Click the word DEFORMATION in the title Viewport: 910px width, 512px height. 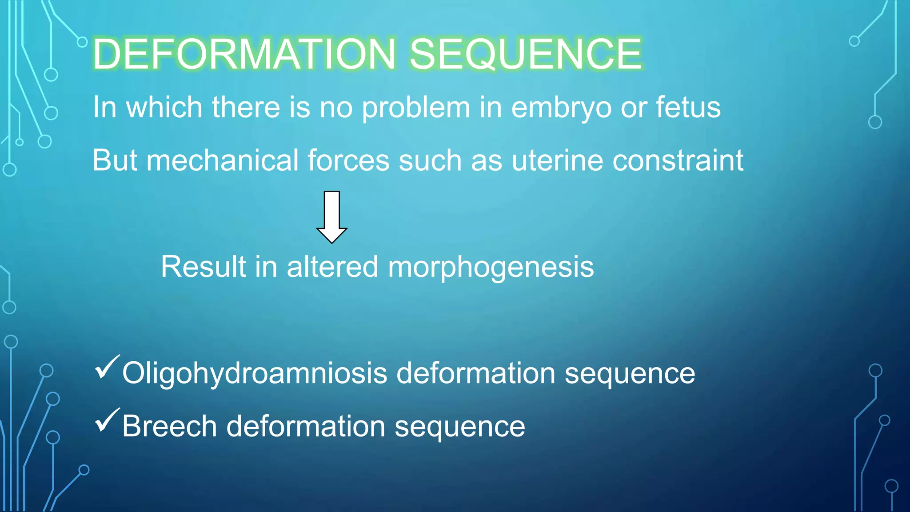243,54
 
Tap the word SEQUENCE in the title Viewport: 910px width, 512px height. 525,54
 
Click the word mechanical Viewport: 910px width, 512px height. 222,160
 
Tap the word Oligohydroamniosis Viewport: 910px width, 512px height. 255,374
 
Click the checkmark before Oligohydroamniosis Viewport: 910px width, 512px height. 107,367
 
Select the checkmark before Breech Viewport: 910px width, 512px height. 107,420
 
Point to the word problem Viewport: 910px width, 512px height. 416,108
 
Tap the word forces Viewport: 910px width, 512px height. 348,160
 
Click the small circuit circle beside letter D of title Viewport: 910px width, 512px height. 82,42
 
